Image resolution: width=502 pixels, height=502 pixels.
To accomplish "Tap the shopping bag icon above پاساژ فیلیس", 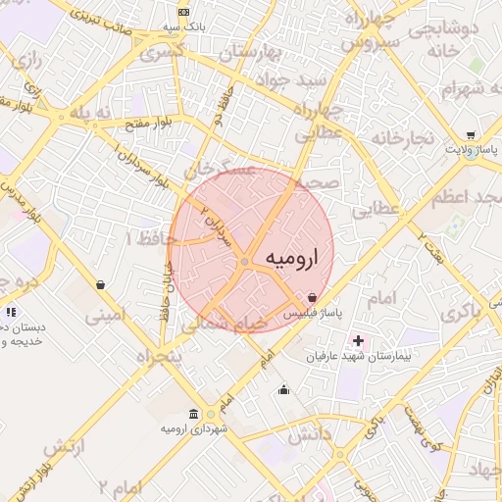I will pyautogui.click(x=312, y=296).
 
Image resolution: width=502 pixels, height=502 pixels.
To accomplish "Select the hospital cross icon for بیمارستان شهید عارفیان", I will pyautogui.click(x=358, y=341).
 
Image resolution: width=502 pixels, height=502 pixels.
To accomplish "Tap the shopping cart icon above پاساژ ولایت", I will pyautogui.click(x=471, y=135).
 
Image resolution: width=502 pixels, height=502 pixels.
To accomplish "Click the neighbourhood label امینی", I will pyautogui.click(x=105, y=316).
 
